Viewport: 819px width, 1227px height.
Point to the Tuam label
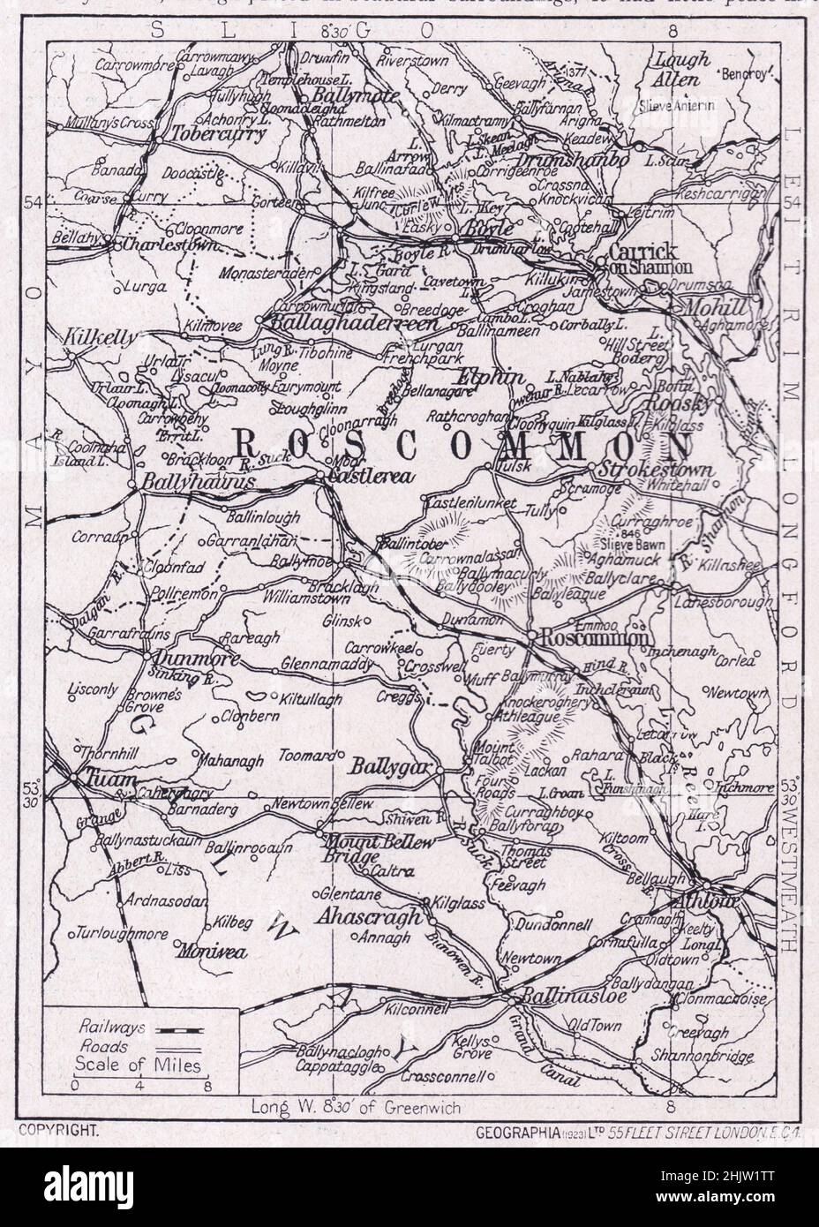click(x=103, y=781)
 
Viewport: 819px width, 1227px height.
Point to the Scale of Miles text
click(x=139, y=1065)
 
